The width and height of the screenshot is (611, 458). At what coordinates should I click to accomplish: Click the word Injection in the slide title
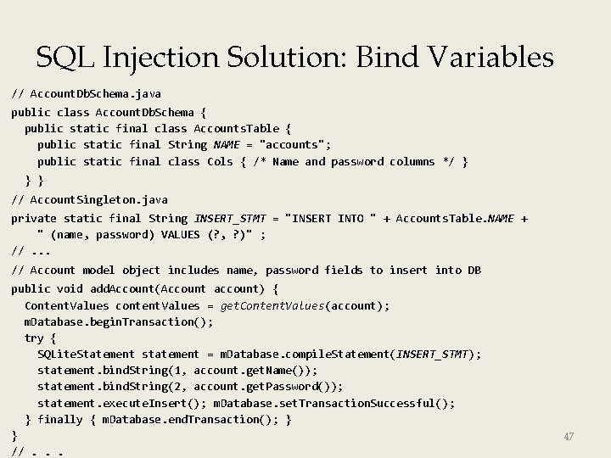point(170,58)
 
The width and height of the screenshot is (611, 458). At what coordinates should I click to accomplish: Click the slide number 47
point(569,437)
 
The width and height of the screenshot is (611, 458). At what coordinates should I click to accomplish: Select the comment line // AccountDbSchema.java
point(86,93)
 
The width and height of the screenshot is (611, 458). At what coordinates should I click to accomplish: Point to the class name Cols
point(220,161)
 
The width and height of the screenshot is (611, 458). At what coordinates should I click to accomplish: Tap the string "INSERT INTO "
point(331,218)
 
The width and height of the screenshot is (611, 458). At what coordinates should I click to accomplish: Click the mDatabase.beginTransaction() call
point(119,321)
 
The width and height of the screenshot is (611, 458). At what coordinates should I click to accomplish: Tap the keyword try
point(34,338)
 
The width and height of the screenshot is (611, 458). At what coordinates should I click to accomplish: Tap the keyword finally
point(60,419)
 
